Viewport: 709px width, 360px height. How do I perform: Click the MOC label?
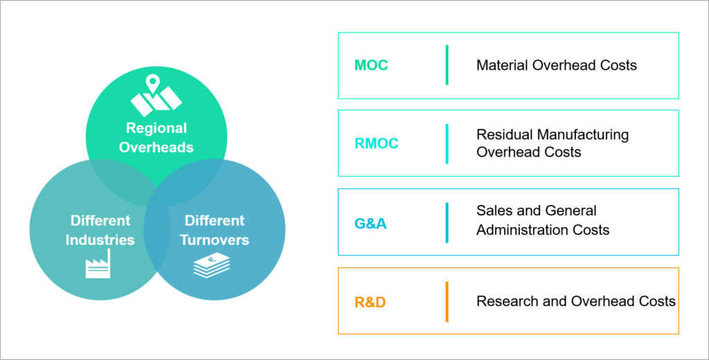coord(371,66)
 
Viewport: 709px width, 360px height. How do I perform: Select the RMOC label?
coord(376,144)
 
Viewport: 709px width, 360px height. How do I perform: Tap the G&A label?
coord(370,224)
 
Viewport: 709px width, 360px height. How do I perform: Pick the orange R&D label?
coord(370,303)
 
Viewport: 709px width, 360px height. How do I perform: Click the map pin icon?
coord(152,87)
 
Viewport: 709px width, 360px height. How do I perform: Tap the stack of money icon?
coord(212,266)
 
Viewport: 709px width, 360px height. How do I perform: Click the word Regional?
coord(156,128)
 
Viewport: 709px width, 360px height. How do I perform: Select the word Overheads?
coord(156,147)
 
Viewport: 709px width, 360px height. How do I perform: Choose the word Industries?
coord(100,240)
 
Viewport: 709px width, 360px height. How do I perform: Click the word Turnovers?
coord(215,240)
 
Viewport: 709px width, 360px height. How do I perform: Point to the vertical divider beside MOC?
coord(447,65)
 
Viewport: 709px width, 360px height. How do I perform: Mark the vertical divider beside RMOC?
coord(447,144)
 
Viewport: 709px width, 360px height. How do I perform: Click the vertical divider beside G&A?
coord(447,223)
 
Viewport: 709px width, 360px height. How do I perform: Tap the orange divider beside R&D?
coord(447,302)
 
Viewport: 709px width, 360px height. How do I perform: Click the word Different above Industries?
coord(100,221)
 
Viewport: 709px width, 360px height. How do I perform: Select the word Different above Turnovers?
coord(215,221)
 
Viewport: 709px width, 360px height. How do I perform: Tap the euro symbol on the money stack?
coord(212,261)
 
